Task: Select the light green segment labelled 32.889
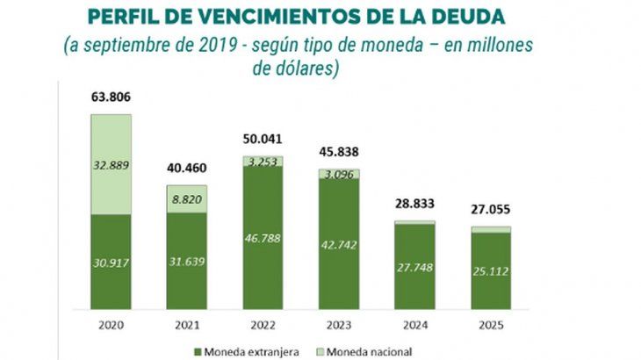tap(111, 165)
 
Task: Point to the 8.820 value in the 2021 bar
tap(185, 199)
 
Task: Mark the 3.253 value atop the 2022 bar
tap(261, 162)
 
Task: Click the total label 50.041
tap(261, 139)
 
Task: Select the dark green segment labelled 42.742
tap(338, 242)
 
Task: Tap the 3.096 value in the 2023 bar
tap(338, 175)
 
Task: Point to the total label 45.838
tap(338, 152)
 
